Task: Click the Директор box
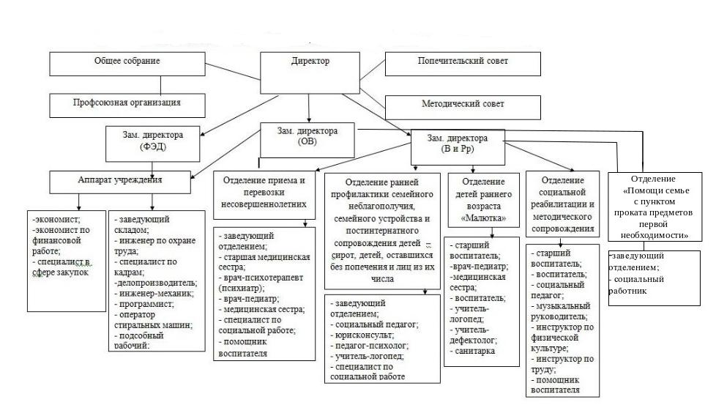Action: point(311,61)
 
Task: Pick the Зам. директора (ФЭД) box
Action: point(153,141)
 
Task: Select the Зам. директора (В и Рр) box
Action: point(458,144)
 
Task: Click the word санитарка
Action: point(475,351)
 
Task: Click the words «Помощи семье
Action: point(656,188)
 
